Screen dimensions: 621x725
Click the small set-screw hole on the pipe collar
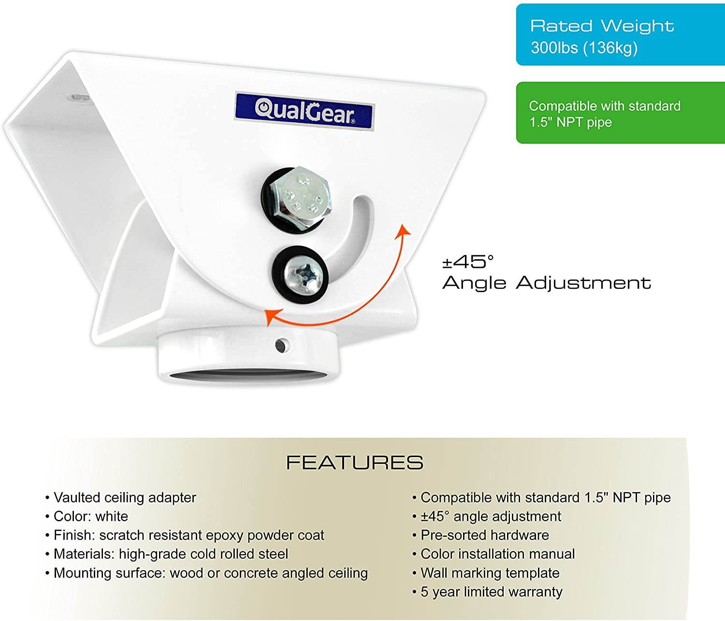coord(281,345)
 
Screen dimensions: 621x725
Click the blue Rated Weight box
coord(620,34)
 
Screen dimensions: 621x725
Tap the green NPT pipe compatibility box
coord(620,113)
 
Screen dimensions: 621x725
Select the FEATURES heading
coord(355,463)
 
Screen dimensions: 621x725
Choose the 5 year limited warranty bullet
coord(491,592)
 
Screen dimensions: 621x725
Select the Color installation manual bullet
coord(497,554)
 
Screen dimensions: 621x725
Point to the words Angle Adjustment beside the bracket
coord(547,283)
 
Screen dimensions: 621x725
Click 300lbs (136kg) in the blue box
coord(584,48)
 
